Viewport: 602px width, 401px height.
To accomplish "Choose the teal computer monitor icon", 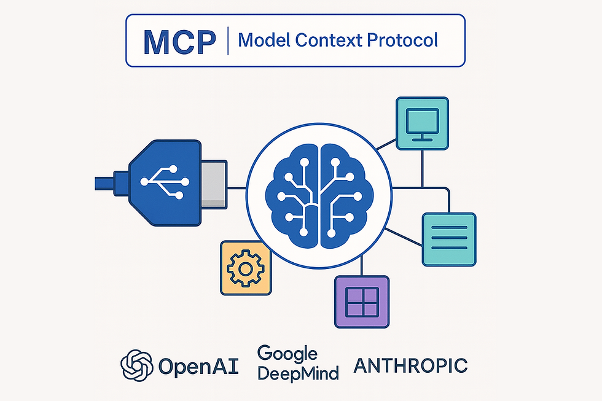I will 423,123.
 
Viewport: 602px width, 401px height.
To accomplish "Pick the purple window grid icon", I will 361,302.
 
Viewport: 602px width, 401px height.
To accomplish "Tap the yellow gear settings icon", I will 245,268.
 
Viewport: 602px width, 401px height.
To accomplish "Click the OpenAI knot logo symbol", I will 136,365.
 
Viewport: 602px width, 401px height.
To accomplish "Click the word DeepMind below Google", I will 298,373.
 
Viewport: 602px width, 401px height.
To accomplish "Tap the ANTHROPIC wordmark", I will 411,366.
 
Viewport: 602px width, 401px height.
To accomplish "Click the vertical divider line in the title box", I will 228,41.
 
